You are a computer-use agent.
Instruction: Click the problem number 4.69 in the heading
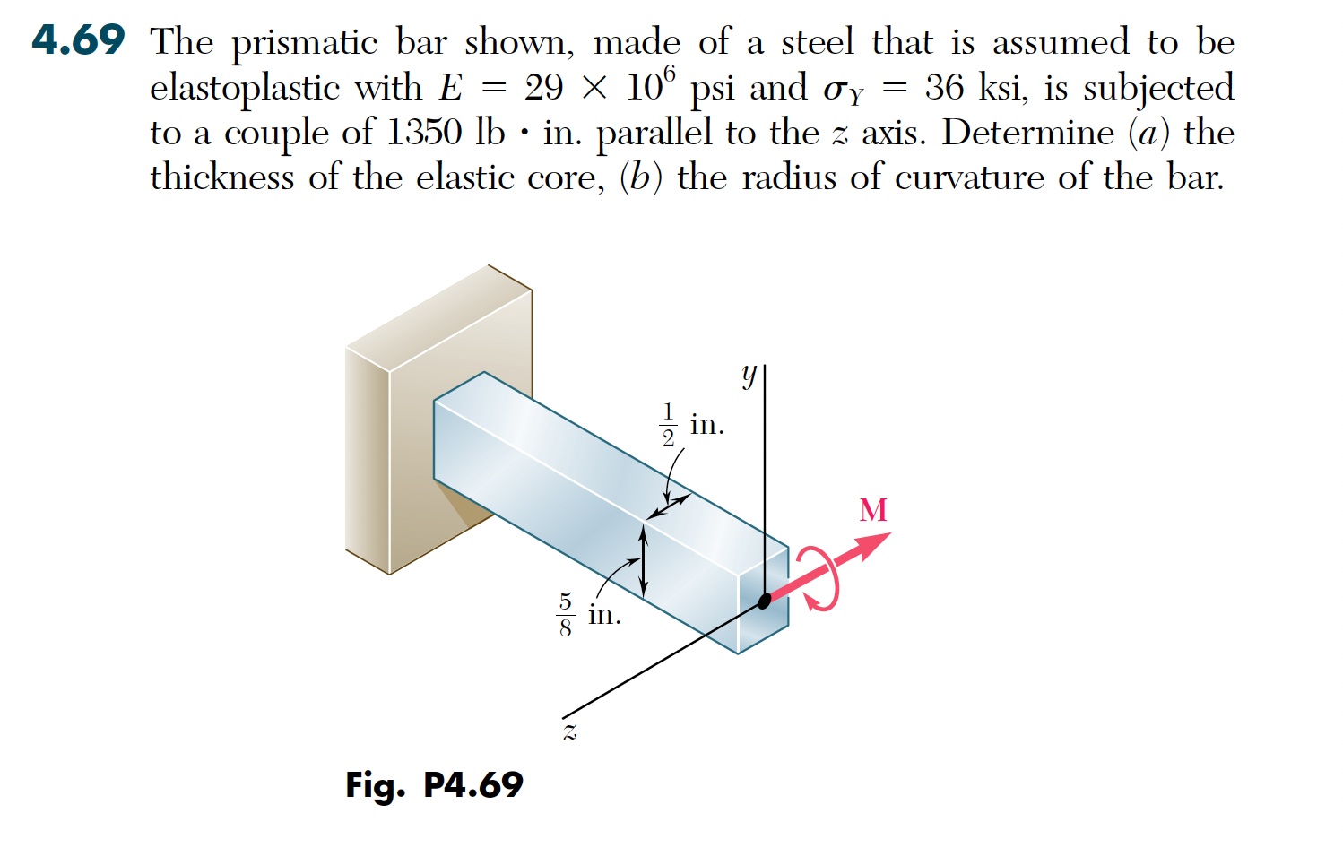pyautogui.click(x=79, y=40)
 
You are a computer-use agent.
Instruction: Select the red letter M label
pyautogui.click(x=873, y=511)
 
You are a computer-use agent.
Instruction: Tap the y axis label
pyautogui.click(x=749, y=376)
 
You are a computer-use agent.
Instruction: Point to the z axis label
pyautogui.click(x=570, y=731)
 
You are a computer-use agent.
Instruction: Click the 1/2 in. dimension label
pyautogui.click(x=692, y=425)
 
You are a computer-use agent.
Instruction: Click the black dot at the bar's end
pyautogui.click(x=765, y=601)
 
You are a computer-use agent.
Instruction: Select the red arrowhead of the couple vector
pyautogui.click(x=873, y=545)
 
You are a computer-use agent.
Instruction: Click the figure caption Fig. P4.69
pyautogui.click(x=434, y=785)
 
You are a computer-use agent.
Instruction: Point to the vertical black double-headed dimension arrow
pyautogui.click(x=644, y=561)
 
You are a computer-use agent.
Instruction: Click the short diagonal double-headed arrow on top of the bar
pyautogui.click(x=669, y=507)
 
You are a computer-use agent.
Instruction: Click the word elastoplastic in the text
pyautogui.click(x=245, y=89)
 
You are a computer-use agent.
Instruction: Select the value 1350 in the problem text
pyautogui.click(x=424, y=132)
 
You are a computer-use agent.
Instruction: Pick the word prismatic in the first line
pyautogui.click(x=305, y=44)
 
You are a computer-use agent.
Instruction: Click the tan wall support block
pyautogui.click(x=438, y=420)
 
